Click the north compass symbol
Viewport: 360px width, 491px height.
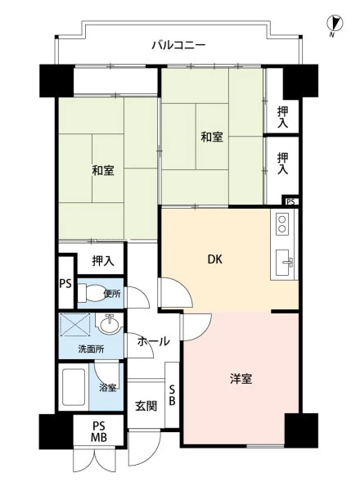[x=335, y=25]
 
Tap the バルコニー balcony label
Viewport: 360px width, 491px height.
[x=178, y=45]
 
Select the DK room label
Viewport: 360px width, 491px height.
[x=215, y=259]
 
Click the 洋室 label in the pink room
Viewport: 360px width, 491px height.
[x=241, y=379]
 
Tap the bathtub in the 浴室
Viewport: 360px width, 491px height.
[x=74, y=387]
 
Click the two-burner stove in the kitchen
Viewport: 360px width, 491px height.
[x=282, y=224]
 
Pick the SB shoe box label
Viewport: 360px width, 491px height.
[x=172, y=395]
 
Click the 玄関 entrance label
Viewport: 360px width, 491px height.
[x=146, y=406]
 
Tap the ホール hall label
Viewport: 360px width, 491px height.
[x=153, y=341]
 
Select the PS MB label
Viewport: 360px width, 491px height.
[x=99, y=431]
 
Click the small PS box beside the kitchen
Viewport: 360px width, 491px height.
[x=290, y=201]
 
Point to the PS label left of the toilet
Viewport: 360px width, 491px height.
[x=65, y=283]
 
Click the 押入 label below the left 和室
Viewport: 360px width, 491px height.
[x=103, y=260]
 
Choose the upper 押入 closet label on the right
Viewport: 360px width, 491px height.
[x=282, y=117]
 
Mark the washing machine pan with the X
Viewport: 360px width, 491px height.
[x=75, y=324]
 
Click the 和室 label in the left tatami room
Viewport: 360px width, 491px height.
[x=103, y=171]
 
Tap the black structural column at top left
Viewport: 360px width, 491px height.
[x=56, y=80]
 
